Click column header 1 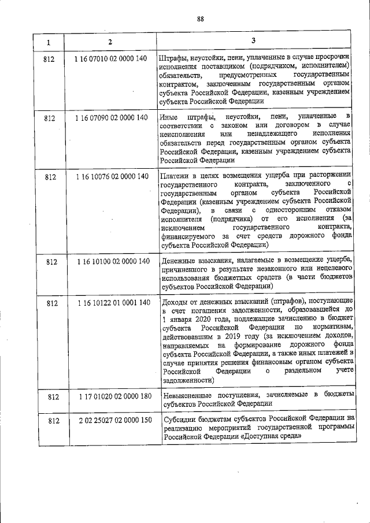pyautogui.click(x=49, y=42)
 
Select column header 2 pyautogui.click(x=110, y=42)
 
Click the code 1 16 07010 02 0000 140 pyautogui.click(x=111, y=59)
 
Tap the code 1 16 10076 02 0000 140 pyautogui.click(x=112, y=176)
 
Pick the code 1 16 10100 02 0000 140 pyautogui.click(x=112, y=261)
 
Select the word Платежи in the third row pyautogui.click(x=176, y=176)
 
